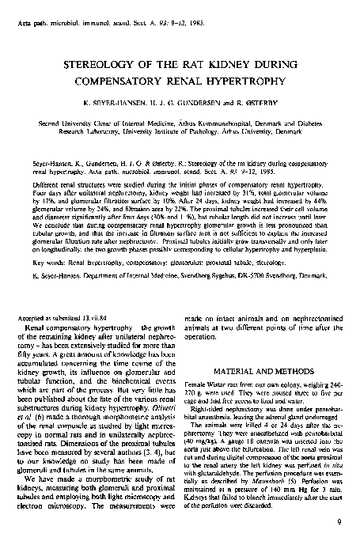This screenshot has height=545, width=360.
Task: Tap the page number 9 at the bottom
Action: tap(339, 520)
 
